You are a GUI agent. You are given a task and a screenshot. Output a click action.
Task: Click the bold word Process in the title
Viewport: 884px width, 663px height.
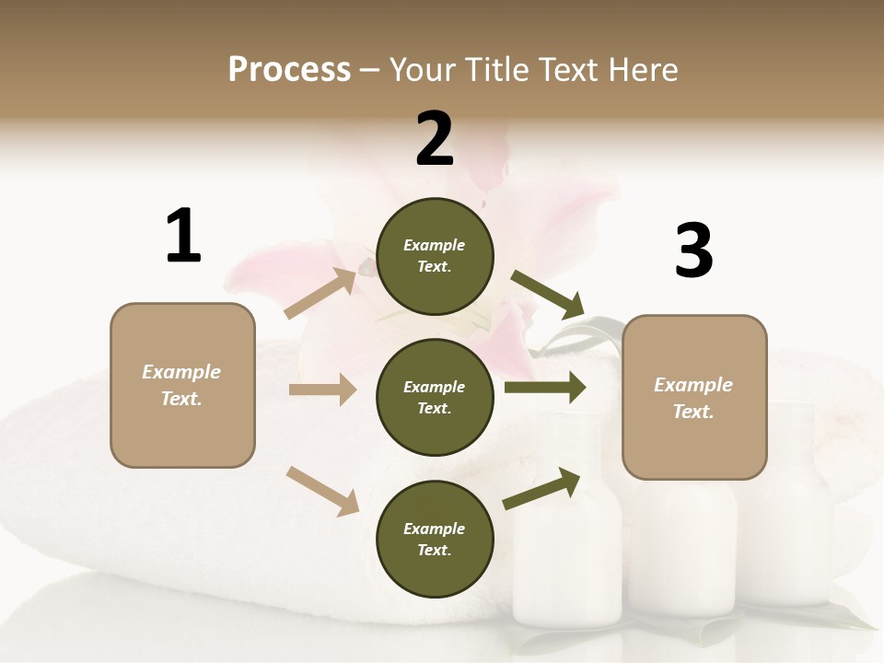[x=289, y=69]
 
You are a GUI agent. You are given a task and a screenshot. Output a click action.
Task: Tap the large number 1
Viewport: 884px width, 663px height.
[x=182, y=237]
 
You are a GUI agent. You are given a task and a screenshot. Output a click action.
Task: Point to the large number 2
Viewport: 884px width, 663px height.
[x=435, y=139]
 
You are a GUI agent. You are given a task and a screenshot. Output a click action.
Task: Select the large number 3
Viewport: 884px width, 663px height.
[x=693, y=250]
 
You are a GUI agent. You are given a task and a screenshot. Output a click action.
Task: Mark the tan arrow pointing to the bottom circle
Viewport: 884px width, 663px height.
[x=323, y=491]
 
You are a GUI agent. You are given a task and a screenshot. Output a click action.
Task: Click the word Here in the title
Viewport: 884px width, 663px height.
[x=644, y=69]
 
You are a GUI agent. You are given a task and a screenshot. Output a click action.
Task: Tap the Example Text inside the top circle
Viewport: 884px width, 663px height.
[x=435, y=256]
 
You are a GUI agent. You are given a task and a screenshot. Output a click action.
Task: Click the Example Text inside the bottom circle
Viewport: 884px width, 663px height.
[x=435, y=540]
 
